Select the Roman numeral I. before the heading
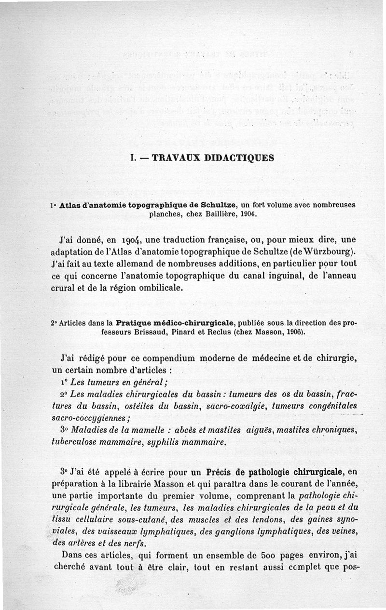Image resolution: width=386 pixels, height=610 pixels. (133, 158)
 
